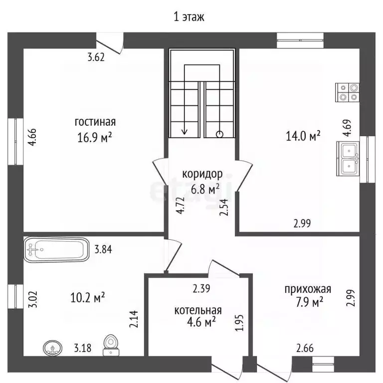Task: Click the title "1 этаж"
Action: (x=189, y=17)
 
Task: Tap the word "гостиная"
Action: (x=95, y=122)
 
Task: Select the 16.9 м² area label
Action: (x=95, y=137)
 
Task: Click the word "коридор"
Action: (x=202, y=174)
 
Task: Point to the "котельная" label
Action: (x=198, y=310)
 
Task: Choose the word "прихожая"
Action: (x=308, y=289)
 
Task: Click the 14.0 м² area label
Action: (x=303, y=136)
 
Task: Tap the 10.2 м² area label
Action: (x=87, y=298)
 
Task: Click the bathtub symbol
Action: (x=56, y=250)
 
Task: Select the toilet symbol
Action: (x=111, y=345)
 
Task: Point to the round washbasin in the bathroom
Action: (x=52, y=348)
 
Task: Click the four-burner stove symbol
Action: (x=347, y=92)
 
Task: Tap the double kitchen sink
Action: (x=348, y=158)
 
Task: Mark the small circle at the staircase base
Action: (x=220, y=134)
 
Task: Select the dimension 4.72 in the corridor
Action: (x=181, y=205)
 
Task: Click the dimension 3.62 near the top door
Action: (x=96, y=57)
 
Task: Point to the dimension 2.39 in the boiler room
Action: (x=201, y=288)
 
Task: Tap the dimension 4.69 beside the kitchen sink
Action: (x=347, y=128)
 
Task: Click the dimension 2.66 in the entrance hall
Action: (x=305, y=348)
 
